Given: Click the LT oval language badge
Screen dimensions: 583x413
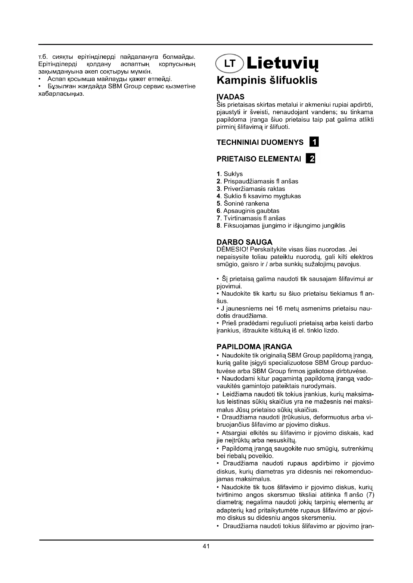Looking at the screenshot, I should pyautogui.click(x=229, y=64).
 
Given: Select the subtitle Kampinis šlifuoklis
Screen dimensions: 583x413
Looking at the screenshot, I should pyautogui.click(x=267, y=80).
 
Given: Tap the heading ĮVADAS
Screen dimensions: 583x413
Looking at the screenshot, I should pyautogui.click(x=230, y=97).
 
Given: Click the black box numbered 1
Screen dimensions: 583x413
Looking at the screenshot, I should pyautogui.click(x=314, y=142).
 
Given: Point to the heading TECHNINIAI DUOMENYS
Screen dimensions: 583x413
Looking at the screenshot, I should pyautogui.click(x=260, y=142).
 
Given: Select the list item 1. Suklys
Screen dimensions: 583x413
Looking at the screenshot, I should pyautogui.click(x=230, y=174).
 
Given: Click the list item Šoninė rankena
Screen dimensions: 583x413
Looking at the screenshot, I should pyautogui.click(x=243, y=203).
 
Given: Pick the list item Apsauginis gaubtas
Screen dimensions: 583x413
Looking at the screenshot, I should pyautogui.click(x=248, y=211).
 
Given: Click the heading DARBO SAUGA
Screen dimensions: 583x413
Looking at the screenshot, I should pyautogui.click(x=244, y=242).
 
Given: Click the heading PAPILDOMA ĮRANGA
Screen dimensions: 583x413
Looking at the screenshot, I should pyautogui.click(x=254, y=347).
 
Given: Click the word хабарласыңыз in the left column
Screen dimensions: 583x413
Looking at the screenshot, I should pyautogui.click(x=61, y=94).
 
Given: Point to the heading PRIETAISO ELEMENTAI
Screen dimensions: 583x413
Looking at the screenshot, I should pyautogui.click(x=259, y=159).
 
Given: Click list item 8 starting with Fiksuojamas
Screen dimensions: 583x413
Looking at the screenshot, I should pyautogui.click(x=281, y=226).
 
